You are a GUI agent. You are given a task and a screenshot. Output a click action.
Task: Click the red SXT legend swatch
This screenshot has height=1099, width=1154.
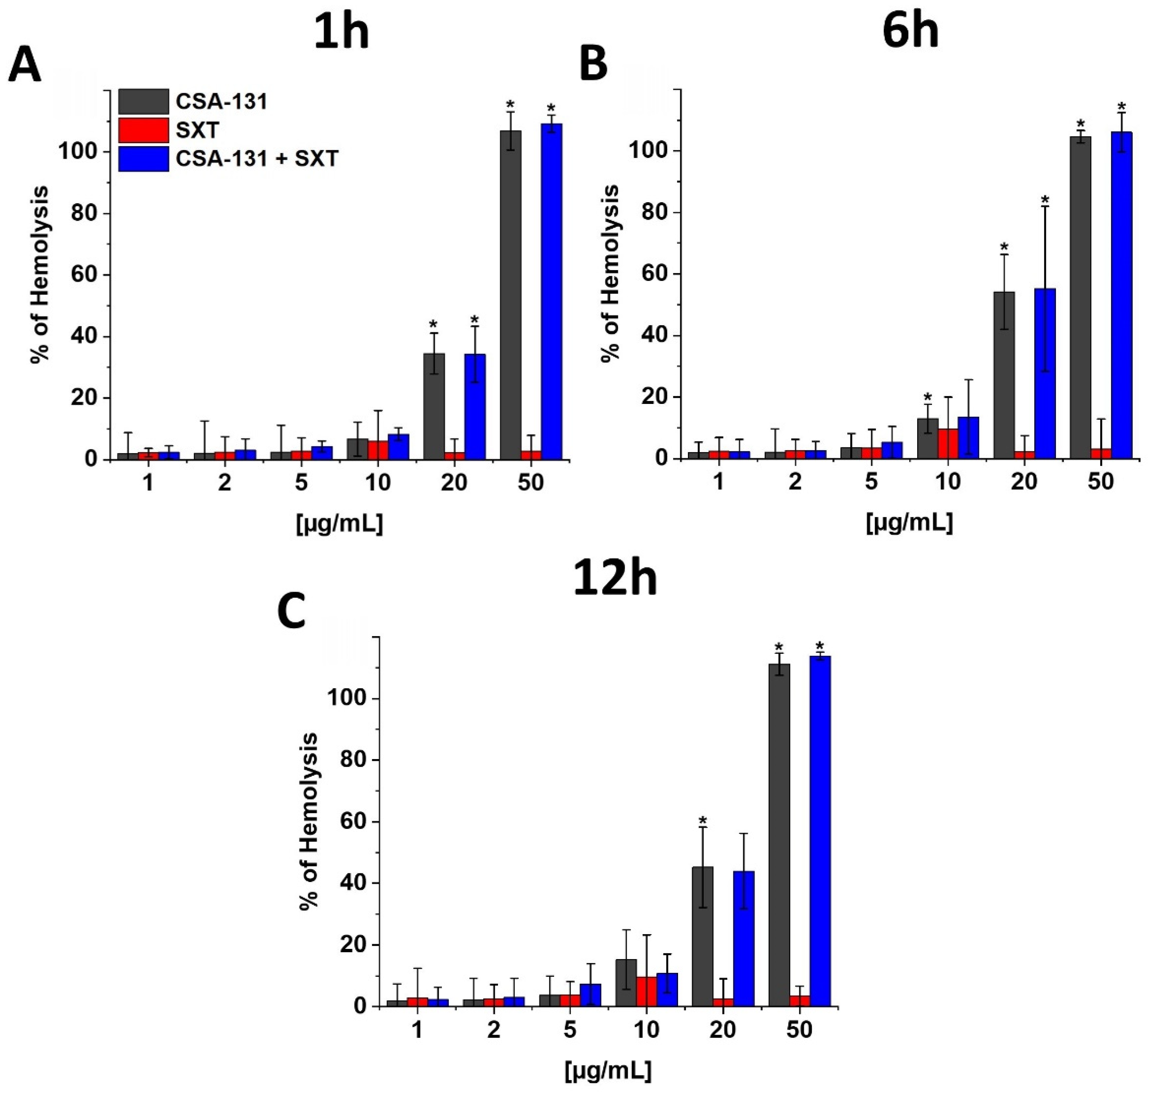click(144, 130)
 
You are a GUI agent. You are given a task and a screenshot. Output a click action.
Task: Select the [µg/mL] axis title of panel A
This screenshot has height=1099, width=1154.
click(340, 523)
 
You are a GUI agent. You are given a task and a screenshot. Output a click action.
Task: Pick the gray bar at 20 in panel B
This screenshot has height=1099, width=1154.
click(1004, 375)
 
